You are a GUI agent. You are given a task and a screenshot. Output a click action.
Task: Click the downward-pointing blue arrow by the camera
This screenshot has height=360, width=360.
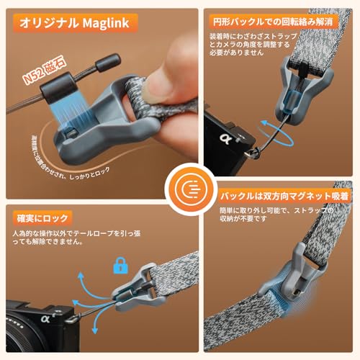coord(94,324)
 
